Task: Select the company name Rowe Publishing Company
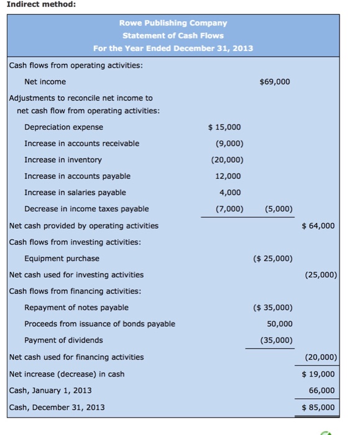[173, 23]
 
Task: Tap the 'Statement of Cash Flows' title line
[173, 35]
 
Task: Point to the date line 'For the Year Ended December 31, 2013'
[173, 48]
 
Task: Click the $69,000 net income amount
[274, 81]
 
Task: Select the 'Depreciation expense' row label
[63, 127]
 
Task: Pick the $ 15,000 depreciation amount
[224, 127]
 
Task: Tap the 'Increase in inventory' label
[63, 160]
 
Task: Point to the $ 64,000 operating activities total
[318, 226]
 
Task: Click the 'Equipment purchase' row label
[62, 259]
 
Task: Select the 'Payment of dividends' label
[63, 341]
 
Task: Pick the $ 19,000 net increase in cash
[318, 374]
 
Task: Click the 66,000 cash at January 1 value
[321, 390]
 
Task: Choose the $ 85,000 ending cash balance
[318, 408]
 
